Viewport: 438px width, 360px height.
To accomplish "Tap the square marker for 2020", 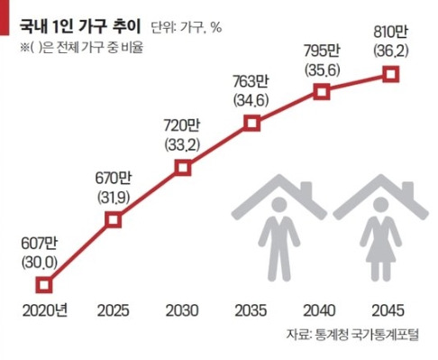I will [x=43, y=285].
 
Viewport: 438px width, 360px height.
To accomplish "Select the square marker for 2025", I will [x=114, y=219].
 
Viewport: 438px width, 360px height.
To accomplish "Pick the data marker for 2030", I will [x=183, y=168].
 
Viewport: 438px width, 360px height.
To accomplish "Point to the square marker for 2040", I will [x=321, y=90].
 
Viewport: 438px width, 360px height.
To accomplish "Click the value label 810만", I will [x=388, y=34].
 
